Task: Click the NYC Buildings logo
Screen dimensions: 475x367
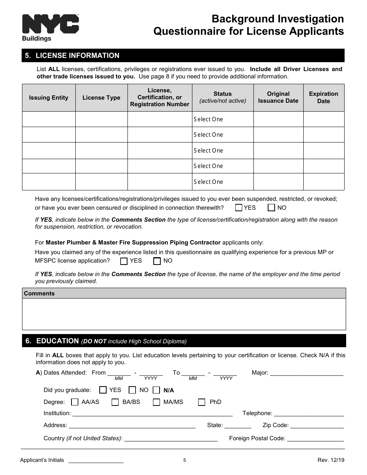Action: [x=50, y=27]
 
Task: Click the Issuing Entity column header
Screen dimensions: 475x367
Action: [x=49, y=98]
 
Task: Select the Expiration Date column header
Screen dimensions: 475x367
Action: [x=323, y=98]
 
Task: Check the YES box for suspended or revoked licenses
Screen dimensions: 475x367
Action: [x=239, y=208]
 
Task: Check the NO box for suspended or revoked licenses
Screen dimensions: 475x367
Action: [x=272, y=208]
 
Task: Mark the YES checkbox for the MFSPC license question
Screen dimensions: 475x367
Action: [x=124, y=261]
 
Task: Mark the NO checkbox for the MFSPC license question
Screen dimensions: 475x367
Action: [x=157, y=261]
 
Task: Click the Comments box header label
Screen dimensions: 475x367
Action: [x=39, y=293]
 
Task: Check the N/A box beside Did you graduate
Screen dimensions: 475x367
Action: [x=156, y=390]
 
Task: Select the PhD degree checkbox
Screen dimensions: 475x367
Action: [x=202, y=402]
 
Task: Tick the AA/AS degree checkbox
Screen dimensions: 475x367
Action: [x=75, y=402]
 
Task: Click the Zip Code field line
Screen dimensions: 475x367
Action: [x=317, y=426]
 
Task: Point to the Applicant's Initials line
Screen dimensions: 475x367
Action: [x=96, y=460]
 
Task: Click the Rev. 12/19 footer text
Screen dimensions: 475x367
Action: [x=331, y=460]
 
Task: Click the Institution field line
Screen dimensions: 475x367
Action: [x=152, y=414]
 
